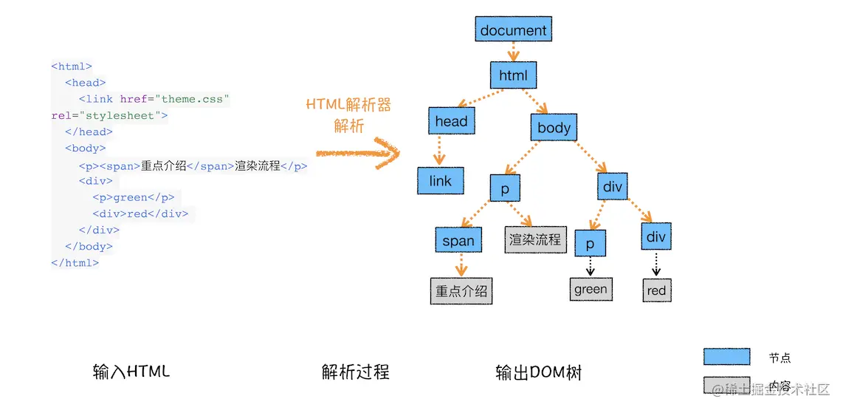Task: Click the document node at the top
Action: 513,30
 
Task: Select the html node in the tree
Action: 513,75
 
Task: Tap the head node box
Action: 451,121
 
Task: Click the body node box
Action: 554,128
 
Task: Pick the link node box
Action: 440,181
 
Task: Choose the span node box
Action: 458,241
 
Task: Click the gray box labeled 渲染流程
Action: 534,240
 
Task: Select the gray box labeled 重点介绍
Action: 461,291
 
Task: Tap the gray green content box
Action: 591,290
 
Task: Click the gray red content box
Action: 656,290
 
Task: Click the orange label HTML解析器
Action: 348,105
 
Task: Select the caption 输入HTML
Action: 131,372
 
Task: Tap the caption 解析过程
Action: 355,372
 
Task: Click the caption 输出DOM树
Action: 538,373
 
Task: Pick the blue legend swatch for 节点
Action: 726,358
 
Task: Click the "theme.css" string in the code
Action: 195,99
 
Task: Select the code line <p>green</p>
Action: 134,197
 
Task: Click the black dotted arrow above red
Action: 656,264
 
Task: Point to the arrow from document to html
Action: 513,52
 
